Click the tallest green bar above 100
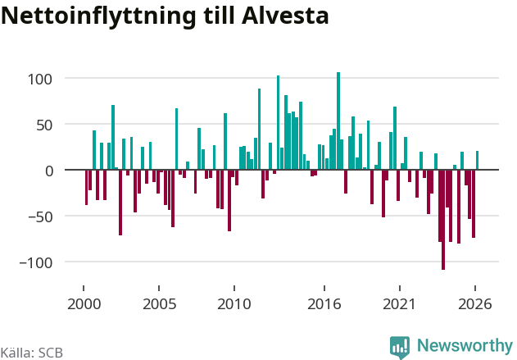(x=338, y=121)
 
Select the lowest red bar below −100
(x=443, y=220)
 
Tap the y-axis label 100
(x=40, y=80)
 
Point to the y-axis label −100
(x=36, y=263)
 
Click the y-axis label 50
(x=44, y=125)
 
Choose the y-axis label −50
(x=40, y=217)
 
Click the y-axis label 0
(x=49, y=171)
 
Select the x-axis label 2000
(x=84, y=304)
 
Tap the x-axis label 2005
(x=159, y=304)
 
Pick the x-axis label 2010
(x=234, y=304)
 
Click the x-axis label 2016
(x=324, y=304)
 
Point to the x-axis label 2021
(x=399, y=304)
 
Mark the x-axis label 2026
(x=474, y=304)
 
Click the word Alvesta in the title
(x=285, y=16)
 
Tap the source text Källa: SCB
(x=32, y=353)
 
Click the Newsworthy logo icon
(x=400, y=348)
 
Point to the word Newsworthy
(x=465, y=346)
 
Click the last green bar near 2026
(x=477, y=161)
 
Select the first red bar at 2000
(x=86, y=188)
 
